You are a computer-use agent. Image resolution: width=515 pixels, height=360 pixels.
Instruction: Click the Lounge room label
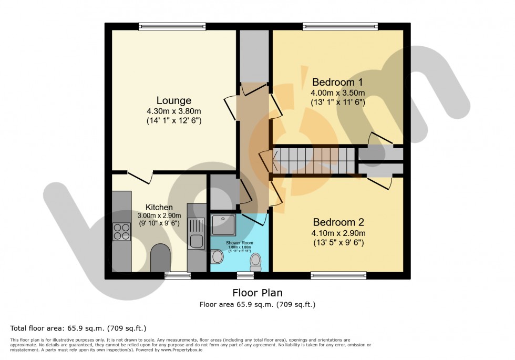click(x=173, y=100)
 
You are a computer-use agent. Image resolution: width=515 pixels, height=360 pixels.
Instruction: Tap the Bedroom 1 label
click(x=337, y=83)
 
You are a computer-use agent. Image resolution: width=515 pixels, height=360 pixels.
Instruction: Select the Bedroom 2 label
click(x=338, y=222)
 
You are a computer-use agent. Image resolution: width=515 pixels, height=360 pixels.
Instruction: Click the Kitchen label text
click(x=159, y=207)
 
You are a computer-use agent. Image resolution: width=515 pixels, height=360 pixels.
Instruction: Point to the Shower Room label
click(x=239, y=243)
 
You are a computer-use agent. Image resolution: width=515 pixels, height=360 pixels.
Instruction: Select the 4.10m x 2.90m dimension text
click(x=338, y=233)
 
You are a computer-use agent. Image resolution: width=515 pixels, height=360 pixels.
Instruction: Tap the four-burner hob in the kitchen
click(x=121, y=231)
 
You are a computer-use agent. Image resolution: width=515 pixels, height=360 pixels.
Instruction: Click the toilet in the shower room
click(x=256, y=261)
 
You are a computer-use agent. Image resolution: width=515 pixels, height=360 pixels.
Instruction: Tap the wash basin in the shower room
click(x=217, y=256)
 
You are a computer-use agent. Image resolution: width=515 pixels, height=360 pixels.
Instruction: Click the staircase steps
click(x=315, y=160)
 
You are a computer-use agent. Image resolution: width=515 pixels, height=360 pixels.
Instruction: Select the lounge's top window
click(x=172, y=26)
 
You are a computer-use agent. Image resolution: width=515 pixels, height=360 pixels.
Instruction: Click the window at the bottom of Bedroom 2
click(x=338, y=275)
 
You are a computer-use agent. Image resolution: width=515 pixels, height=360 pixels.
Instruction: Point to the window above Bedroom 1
click(x=340, y=26)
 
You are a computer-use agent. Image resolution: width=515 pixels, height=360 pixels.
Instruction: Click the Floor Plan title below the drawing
click(x=257, y=292)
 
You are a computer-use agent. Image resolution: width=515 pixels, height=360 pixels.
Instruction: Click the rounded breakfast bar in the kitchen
click(x=160, y=258)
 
